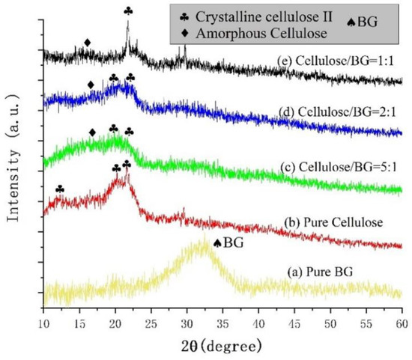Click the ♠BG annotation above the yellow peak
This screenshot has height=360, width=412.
coord(228,242)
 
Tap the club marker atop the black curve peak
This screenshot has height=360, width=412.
coord(128,11)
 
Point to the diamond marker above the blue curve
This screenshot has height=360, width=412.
coord(91,85)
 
